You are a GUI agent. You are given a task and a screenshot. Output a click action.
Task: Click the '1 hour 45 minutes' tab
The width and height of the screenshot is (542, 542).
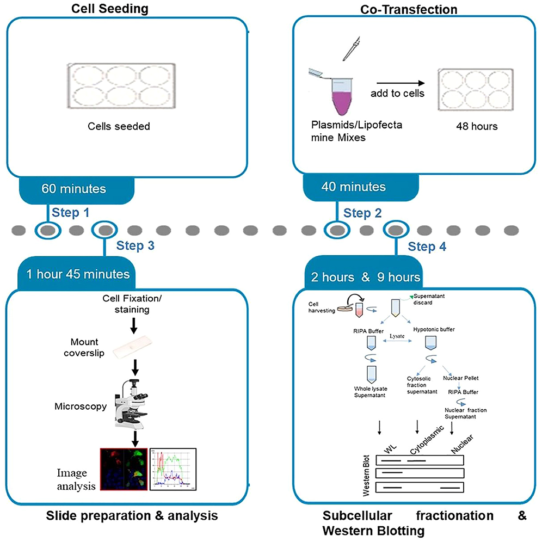click(x=78, y=274)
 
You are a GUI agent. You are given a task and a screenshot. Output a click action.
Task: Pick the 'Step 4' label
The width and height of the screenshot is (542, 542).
click(x=427, y=247)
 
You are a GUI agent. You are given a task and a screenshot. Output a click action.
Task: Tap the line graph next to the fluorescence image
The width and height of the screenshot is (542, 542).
click(x=173, y=469)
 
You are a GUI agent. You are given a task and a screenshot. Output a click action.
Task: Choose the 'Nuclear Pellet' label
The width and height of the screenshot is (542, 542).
click(x=460, y=378)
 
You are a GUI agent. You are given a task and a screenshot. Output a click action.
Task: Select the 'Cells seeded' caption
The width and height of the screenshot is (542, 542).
click(x=119, y=126)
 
